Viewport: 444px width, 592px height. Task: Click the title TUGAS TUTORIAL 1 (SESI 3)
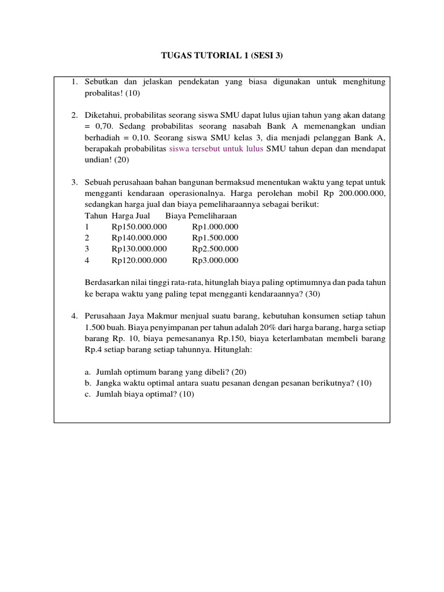222,56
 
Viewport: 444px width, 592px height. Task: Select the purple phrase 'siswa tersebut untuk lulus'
216,149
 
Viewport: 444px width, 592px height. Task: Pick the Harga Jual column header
131,216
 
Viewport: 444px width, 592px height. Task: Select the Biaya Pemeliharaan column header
201,216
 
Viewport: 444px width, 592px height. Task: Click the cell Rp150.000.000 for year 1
139,227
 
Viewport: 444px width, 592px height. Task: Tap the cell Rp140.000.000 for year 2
139,238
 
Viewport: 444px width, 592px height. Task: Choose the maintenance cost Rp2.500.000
215,249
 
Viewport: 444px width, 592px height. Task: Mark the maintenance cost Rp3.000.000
215,260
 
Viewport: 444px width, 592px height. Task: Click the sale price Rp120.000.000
139,260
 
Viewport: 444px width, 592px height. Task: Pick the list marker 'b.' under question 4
88,383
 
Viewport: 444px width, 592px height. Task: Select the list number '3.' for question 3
75,182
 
